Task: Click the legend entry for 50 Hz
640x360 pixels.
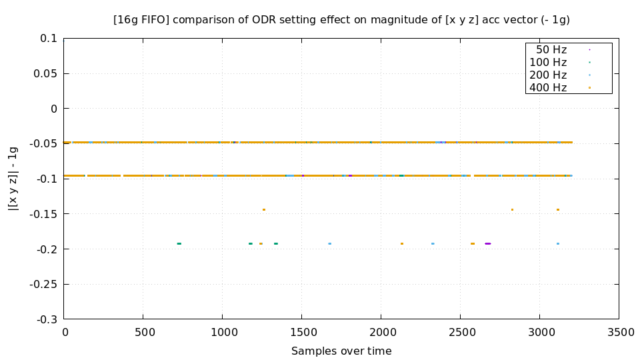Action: pyautogui.click(x=551, y=49)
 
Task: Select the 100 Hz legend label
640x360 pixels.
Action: pyautogui.click(x=548, y=62)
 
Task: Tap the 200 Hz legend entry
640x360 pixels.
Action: pyautogui.click(x=548, y=75)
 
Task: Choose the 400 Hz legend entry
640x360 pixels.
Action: pyautogui.click(x=548, y=87)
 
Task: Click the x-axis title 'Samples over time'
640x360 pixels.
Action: pyautogui.click(x=341, y=351)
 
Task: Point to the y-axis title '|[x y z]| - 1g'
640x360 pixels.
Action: pyautogui.click(x=13, y=179)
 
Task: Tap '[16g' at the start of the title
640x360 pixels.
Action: pyautogui.click(x=126, y=20)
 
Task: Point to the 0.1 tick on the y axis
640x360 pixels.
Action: pyautogui.click(x=49, y=38)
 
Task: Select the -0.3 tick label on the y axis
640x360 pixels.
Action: pyautogui.click(x=46, y=319)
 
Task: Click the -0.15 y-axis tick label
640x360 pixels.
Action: pyautogui.click(x=43, y=214)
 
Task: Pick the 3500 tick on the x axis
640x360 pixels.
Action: pyautogui.click(x=619, y=332)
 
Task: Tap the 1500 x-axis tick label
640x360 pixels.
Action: pyautogui.click(x=301, y=332)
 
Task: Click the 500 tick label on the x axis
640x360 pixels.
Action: pyautogui.click(x=143, y=332)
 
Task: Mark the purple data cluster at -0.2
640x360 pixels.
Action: pyautogui.click(x=487, y=243)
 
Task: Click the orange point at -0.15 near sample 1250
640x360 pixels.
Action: pyautogui.click(x=264, y=209)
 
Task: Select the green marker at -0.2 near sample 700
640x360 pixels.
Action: pyautogui.click(x=179, y=243)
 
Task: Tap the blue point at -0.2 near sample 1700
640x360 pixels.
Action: pyautogui.click(x=329, y=243)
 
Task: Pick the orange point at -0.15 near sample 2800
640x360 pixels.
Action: pyautogui.click(x=512, y=209)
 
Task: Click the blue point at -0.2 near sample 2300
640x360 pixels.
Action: pyautogui.click(x=433, y=243)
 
